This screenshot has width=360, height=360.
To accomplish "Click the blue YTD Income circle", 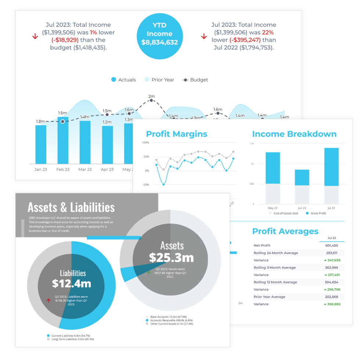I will (159, 34).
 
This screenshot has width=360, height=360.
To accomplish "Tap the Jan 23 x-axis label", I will (40, 169).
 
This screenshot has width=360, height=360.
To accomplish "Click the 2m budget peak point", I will (151, 100).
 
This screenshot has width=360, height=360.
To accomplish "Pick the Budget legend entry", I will (195, 80).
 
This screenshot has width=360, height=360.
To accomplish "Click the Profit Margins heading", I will (177, 134).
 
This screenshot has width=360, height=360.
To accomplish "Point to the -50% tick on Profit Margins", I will (145, 185).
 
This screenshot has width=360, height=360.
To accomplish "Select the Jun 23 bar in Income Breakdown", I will (302, 177).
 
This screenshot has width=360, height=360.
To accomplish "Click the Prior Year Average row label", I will (270, 297).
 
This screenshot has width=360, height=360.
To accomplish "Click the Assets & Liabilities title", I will (71, 207).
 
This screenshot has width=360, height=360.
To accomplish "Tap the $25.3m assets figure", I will (171, 258).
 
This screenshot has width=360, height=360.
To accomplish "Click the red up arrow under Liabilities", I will (48, 300).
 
